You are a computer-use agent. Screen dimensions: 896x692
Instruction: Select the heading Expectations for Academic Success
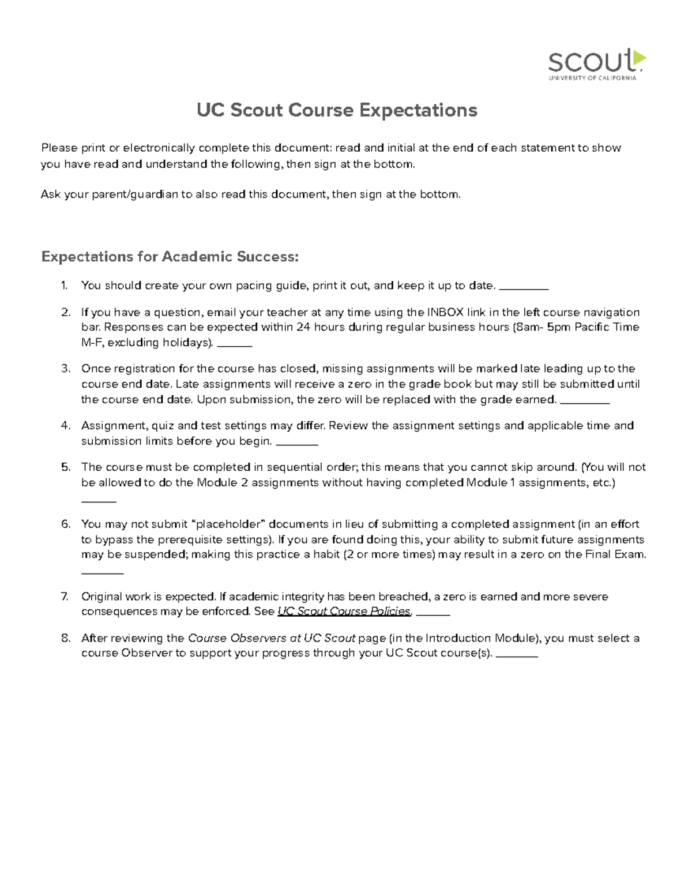tap(170, 257)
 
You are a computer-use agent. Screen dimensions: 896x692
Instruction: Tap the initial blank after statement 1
tap(523, 287)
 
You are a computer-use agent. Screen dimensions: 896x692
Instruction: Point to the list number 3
tap(65, 369)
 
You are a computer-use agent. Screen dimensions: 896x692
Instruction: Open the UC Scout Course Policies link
tap(344, 612)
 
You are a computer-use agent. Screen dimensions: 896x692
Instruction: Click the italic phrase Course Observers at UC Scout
tap(272, 638)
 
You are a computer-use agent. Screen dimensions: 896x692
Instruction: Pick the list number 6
tap(65, 524)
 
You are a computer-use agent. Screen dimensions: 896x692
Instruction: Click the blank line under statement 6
tap(102, 573)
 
